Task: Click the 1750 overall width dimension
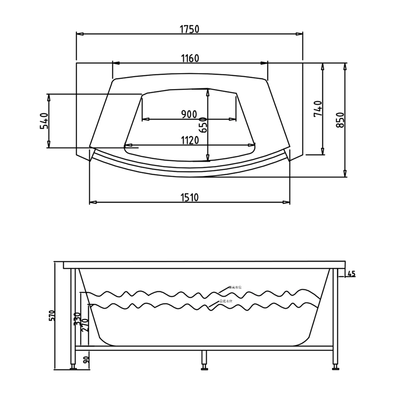pos(189,29)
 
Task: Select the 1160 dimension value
pos(190,58)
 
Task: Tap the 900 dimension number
pos(189,115)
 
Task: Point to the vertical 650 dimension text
pos(203,124)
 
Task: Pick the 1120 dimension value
pos(190,141)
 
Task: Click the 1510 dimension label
pos(190,197)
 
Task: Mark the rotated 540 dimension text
pos(44,121)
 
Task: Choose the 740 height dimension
pos(318,109)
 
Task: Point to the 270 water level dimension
pos(85,325)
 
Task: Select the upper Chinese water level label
pos(235,288)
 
